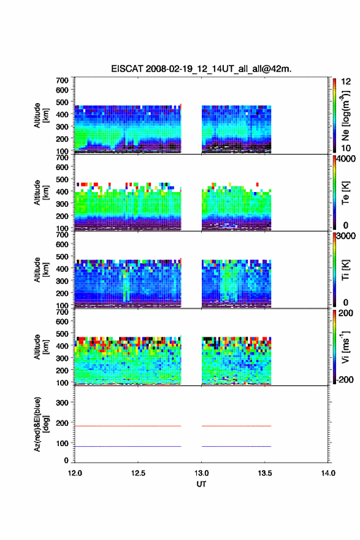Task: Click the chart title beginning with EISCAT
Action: (201, 69)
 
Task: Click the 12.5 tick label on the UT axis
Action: (138, 473)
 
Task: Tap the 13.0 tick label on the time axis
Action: (201, 473)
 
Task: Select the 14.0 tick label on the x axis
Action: (328, 473)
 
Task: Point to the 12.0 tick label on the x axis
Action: (75, 473)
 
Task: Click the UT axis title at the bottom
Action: (201, 484)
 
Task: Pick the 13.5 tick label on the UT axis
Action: (265, 473)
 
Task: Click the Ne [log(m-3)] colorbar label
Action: (346, 115)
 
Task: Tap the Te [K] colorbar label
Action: (345, 193)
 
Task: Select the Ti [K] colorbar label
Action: (345, 269)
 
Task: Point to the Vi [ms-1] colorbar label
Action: (345, 347)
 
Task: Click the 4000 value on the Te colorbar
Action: (347, 159)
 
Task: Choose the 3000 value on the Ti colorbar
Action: (347, 236)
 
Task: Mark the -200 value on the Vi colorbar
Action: (345, 379)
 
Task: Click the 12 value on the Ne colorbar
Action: (346, 82)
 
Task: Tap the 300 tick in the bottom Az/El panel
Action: (62, 403)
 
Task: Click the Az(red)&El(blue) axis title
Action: (41, 424)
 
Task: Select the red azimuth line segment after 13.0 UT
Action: (237, 426)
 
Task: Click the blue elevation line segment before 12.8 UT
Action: (128, 446)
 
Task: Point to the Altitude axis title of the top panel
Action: (41, 115)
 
